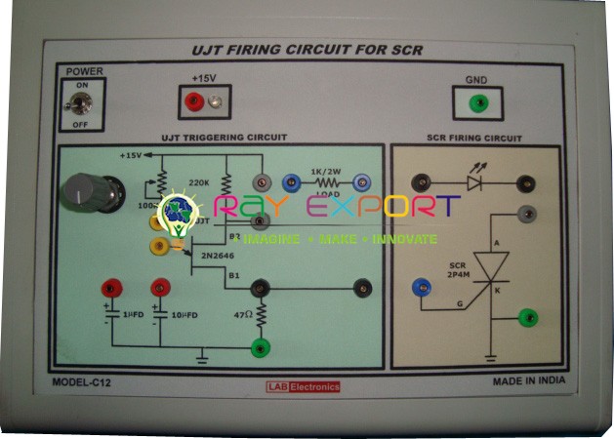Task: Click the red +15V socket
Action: click(194, 100)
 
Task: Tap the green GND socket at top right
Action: click(477, 101)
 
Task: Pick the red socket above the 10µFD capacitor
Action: click(159, 289)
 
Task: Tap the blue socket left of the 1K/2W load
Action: click(289, 181)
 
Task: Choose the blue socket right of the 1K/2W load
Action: click(361, 181)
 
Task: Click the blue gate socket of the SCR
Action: click(421, 287)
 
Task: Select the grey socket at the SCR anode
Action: click(527, 213)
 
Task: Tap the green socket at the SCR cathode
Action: click(527, 315)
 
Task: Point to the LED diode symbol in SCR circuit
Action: click(476, 181)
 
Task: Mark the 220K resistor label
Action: click(198, 182)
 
